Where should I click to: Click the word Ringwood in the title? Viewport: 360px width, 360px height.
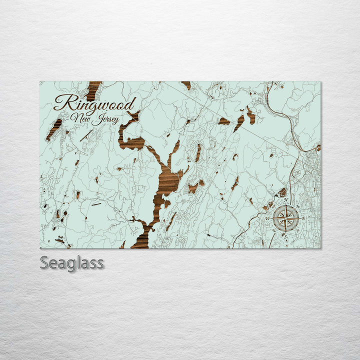pyautogui.click(x=95, y=104)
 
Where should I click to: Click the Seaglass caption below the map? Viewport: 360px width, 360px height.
pyautogui.click(x=72, y=263)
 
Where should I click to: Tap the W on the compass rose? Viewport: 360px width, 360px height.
pyautogui.click(x=267, y=219)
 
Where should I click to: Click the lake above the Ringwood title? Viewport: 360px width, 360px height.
pyautogui.click(x=93, y=90)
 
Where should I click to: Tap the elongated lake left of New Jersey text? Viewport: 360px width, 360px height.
pyautogui.click(x=54, y=129)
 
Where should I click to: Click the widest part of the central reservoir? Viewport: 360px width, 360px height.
pyautogui.click(x=167, y=182)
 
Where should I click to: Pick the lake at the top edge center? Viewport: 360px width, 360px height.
pyautogui.click(x=186, y=85)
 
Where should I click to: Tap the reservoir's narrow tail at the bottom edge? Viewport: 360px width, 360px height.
pyautogui.click(x=142, y=240)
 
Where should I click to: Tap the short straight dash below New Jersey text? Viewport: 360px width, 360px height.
pyautogui.click(x=96, y=204)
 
